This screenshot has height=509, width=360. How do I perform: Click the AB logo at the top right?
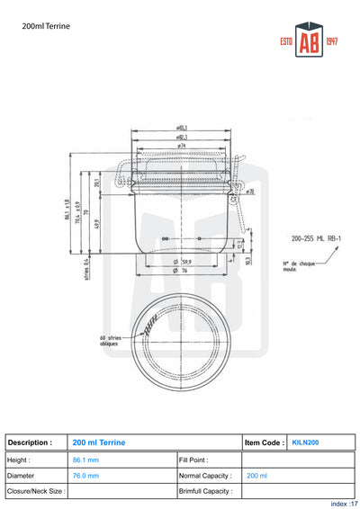point(309,44)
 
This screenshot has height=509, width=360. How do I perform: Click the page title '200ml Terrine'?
point(46,27)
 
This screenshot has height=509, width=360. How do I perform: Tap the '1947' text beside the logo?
point(331,43)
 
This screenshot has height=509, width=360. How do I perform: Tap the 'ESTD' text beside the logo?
point(288,43)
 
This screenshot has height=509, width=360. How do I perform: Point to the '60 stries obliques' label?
point(109,341)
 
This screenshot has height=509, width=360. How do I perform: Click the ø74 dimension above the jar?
point(181,144)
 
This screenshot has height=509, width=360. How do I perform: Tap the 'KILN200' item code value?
point(305,442)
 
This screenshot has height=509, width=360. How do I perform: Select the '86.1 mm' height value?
point(85,460)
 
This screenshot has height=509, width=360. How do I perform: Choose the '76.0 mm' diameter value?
point(85,475)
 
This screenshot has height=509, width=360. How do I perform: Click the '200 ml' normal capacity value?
point(256,475)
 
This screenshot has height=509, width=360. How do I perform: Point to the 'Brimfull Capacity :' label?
point(206,491)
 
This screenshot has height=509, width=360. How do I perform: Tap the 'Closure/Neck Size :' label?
point(35,491)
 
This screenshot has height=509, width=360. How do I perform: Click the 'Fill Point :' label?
point(193,460)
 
